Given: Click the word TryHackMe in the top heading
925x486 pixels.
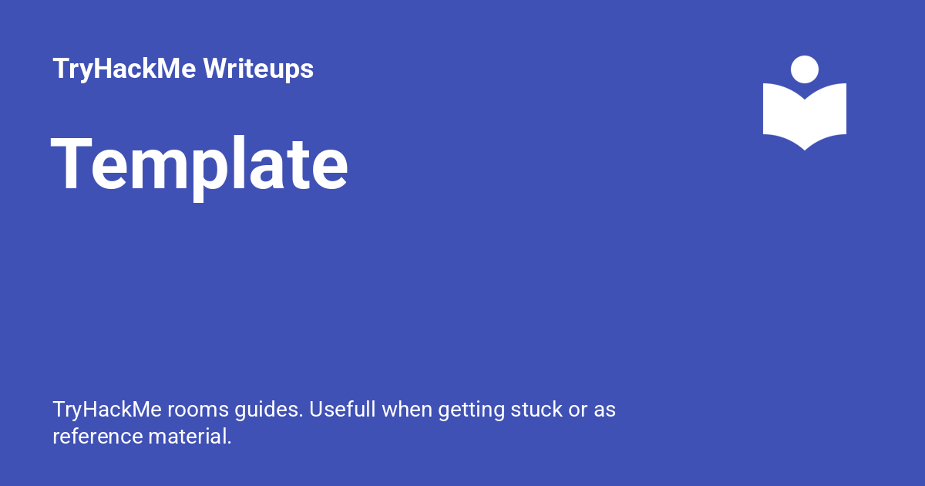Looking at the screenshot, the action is [x=124, y=69].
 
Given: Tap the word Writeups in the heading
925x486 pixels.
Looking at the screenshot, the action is [x=258, y=69].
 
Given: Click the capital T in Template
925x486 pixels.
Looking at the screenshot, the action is [x=71, y=163].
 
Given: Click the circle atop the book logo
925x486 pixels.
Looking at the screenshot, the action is [x=805, y=69].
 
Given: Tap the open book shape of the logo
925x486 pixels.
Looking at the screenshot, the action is [x=805, y=116].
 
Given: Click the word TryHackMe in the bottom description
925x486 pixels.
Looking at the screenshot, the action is [x=107, y=410].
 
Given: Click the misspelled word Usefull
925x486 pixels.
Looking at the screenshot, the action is [x=342, y=410].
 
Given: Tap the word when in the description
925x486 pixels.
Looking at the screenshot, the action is [x=407, y=410].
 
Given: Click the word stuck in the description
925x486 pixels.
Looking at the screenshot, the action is [x=536, y=410].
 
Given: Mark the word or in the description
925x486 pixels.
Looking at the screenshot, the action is [x=578, y=412].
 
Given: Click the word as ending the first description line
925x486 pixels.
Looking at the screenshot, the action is [x=604, y=412].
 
